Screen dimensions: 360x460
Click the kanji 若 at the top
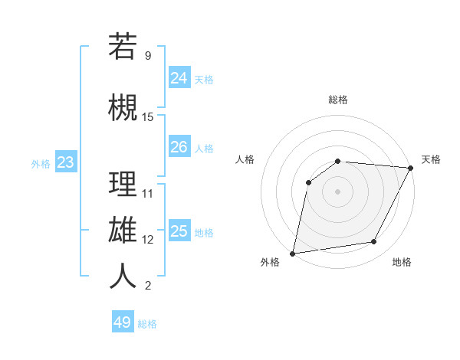(123, 47)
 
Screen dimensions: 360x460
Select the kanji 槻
(123, 108)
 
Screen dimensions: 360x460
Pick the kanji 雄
(123, 231)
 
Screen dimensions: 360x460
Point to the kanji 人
(123, 277)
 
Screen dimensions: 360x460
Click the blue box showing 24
(179, 77)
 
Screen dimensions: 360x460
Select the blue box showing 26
(179, 147)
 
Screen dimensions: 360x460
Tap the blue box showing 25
(179, 231)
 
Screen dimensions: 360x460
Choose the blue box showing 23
(65, 162)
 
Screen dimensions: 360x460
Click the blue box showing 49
(123, 322)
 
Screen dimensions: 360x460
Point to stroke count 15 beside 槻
(148, 116)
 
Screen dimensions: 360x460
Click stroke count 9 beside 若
(148, 55)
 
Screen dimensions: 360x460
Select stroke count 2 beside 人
(148, 286)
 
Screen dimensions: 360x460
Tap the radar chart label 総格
(338, 100)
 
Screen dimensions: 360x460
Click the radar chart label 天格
(431, 159)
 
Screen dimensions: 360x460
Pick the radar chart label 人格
(245, 159)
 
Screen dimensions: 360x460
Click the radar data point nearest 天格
(412, 168)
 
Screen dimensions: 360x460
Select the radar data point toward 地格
(374, 241)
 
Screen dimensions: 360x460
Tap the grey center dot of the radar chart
(337, 191)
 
